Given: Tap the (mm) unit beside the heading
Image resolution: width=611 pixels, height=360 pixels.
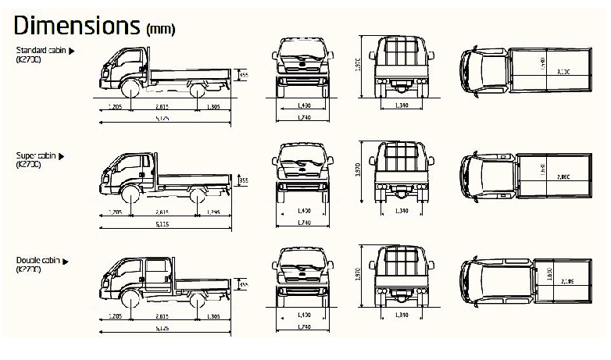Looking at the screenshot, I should click(160, 29).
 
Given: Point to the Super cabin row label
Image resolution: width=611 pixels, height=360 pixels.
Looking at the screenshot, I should click(40, 156).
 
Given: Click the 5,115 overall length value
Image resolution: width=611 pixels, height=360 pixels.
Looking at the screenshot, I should click(163, 224).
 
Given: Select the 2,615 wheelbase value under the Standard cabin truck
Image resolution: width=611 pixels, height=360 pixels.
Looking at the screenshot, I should click(163, 106).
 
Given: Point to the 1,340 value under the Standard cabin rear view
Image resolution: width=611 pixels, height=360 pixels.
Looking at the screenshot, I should click(402, 105).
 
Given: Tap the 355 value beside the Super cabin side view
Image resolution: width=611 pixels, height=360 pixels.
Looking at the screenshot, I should click(243, 180).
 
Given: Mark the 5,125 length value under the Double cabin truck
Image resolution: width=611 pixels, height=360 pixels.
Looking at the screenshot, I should click(163, 328).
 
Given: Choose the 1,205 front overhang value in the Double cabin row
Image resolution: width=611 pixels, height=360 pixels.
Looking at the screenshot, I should click(115, 316).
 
